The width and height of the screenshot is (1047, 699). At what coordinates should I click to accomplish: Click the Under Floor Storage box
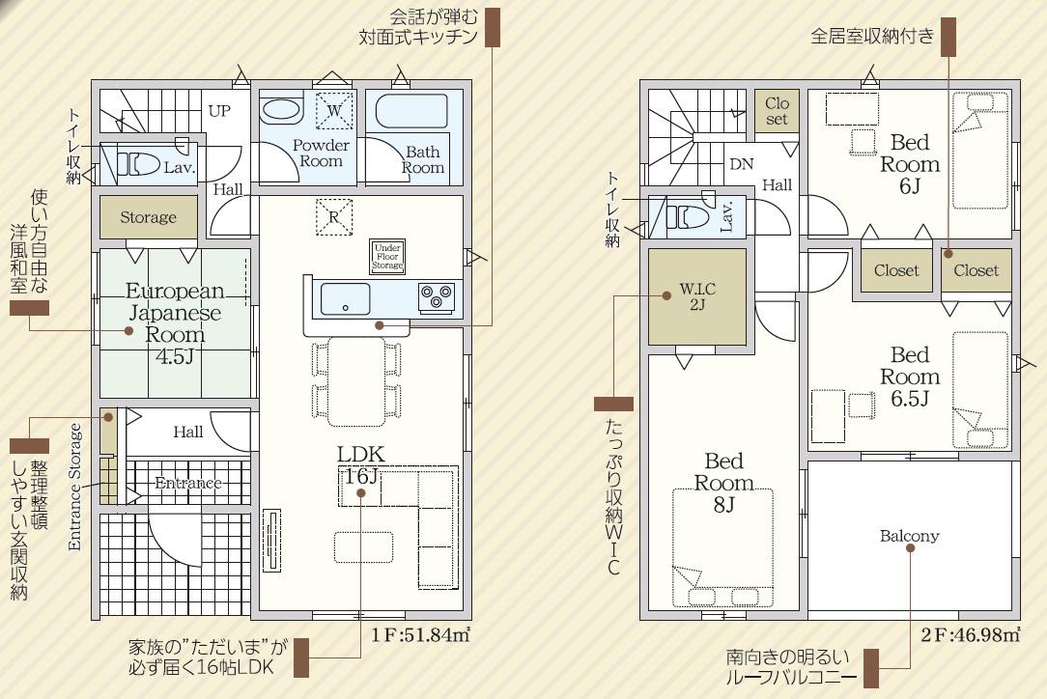pyautogui.click(x=387, y=257)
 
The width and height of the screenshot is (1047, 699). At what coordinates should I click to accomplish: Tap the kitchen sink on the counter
pyautogui.click(x=345, y=299)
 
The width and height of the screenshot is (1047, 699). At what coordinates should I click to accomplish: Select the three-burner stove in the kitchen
pyautogui.click(x=437, y=297)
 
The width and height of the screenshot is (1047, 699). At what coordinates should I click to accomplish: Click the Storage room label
pyautogui.click(x=148, y=217)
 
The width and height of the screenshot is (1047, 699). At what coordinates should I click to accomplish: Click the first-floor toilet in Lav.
pyautogui.click(x=139, y=163)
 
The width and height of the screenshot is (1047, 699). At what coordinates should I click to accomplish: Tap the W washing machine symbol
pyautogui.click(x=334, y=109)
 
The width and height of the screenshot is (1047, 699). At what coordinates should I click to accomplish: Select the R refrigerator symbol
pyautogui.click(x=333, y=216)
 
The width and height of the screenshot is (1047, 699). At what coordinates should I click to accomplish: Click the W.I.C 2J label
pyautogui.click(x=697, y=297)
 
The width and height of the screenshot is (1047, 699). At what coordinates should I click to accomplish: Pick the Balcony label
pyautogui.click(x=910, y=536)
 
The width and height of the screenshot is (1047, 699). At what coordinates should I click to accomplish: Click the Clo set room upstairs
pyautogui.click(x=778, y=111)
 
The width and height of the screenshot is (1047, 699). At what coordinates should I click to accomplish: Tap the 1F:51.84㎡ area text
pyautogui.click(x=421, y=634)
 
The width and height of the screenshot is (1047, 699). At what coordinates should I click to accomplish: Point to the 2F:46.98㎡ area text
pyautogui.click(x=970, y=634)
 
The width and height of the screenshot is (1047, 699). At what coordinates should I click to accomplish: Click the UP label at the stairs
pyautogui.click(x=219, y=111)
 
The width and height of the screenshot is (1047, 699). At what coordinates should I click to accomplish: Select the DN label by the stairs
pyautogui.click(x=741, y=164)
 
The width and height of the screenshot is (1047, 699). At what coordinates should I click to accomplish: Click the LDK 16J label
pyautogui.click(x=360, y=465)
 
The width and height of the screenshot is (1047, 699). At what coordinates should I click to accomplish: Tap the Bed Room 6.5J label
pyautogui.click(x=910, y=377)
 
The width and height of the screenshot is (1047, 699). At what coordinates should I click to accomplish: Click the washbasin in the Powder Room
pyautogui.click(x=281, y=109)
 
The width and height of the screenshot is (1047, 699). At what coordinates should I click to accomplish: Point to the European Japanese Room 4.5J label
pyautogui.click(x=175, y=323)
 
